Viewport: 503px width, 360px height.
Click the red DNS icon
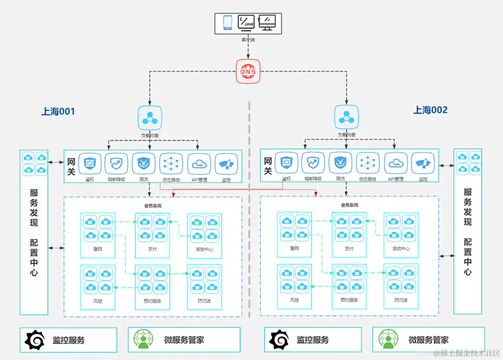coord(248,71)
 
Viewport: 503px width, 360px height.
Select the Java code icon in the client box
coord(246,22)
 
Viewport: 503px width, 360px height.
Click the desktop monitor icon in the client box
coord(267,22)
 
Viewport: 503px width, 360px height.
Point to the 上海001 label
coord(58,111)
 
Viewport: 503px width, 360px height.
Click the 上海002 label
coord(430,110)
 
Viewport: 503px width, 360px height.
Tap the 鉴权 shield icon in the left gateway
coord(90,164)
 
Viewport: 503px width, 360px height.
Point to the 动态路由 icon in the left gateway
coord(171,164)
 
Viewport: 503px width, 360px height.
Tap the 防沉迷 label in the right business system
coord(401,300)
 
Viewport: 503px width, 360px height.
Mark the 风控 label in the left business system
coord(98,301)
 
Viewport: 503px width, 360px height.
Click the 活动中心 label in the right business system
coord(401,249)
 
